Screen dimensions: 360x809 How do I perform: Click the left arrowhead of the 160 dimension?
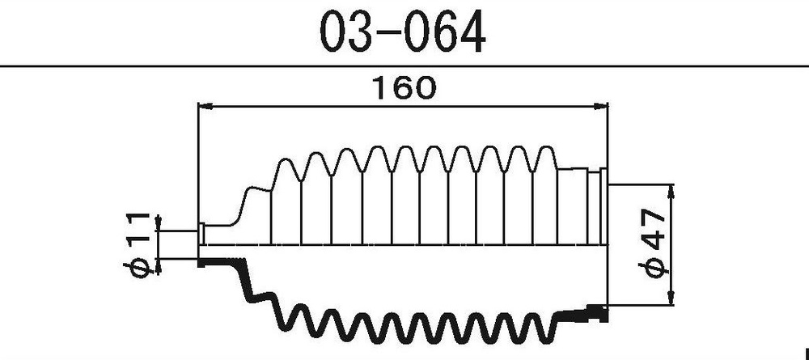click(205, 105)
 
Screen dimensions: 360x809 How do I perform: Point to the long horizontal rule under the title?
click(404, 65)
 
